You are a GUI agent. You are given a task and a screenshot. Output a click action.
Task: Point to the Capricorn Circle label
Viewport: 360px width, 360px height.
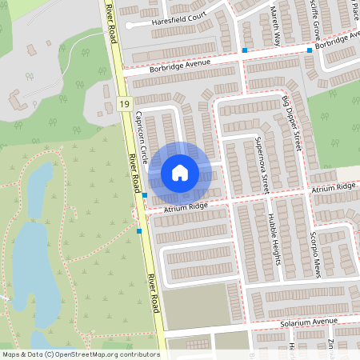[x=142, y=136]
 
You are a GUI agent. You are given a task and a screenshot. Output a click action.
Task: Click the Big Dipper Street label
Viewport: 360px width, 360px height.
[x=291, y=123]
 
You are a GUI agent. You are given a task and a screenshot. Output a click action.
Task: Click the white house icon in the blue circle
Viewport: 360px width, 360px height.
[x=180, y=172]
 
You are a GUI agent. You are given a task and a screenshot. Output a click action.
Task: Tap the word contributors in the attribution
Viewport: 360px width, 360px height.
[x=141, y=354]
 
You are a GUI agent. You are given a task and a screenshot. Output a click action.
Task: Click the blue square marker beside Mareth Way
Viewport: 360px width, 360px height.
[x=245, y=51]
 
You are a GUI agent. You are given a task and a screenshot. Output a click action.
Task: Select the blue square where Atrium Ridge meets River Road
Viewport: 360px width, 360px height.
[x=145, y=195]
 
